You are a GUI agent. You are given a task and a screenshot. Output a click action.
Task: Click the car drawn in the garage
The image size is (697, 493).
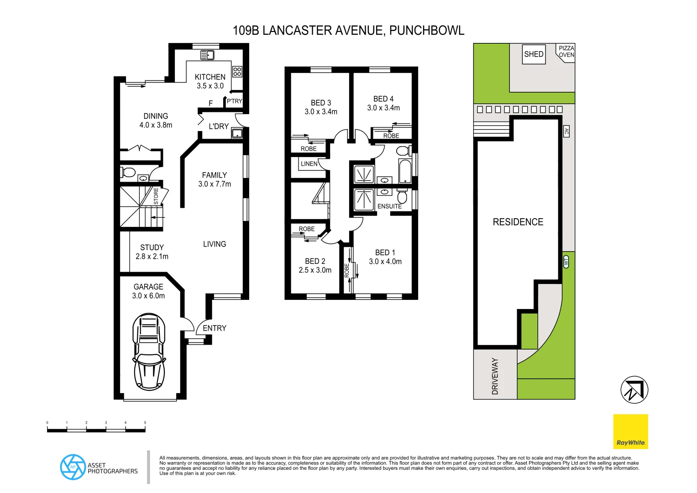[149, 351]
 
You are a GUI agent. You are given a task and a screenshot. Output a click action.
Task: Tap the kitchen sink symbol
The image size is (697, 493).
[208, 55]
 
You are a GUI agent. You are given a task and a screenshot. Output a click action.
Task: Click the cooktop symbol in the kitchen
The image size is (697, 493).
[237, 71]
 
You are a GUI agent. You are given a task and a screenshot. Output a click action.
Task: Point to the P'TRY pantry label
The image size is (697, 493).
[234, 101]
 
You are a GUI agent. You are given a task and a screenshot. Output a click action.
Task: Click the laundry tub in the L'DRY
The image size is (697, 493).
[237, 133]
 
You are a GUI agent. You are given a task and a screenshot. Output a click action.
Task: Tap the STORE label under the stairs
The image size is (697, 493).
[156, 196]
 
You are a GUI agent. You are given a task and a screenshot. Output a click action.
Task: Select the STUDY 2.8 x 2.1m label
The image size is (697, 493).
[152, 252]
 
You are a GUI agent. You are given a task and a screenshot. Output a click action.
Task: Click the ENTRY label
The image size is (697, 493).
[215, 328]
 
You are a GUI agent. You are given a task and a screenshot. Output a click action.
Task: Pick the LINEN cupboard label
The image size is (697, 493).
[309, 163]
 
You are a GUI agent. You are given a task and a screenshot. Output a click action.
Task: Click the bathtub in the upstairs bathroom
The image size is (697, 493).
[405, 171]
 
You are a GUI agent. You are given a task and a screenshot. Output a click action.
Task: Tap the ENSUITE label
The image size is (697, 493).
[389, 206]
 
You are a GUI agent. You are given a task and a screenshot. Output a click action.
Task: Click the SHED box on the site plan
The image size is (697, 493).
[534, 54]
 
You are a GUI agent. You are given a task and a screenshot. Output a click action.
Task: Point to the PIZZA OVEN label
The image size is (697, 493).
[566, 52]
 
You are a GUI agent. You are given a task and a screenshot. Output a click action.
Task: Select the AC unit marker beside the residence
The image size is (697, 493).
[566, 131]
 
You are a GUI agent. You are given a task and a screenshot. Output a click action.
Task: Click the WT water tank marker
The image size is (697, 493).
[566, 262]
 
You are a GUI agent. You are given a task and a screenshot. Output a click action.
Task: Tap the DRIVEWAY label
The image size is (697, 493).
[495, 376]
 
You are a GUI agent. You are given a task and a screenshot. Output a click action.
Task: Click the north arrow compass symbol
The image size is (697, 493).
[634, 390]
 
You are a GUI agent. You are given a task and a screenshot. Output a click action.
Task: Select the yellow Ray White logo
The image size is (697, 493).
[630, 431]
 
